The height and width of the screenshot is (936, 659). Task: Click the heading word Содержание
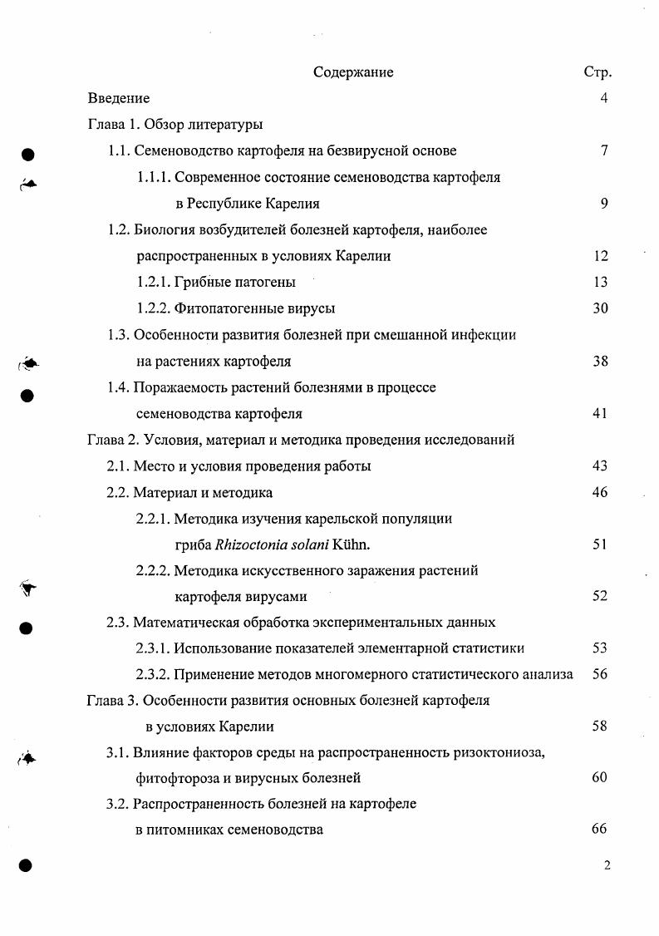pyautogui.click(x=353, y=72)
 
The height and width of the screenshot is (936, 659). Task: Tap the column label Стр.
pyautogui.click(x=598, y=72)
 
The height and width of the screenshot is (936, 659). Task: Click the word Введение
pyautogui.click(x=119, y=98)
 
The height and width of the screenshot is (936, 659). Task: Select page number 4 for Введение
pyautogui.click(x=604, y=98)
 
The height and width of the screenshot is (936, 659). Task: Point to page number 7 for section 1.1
pyautogui.click(x=604, y=150)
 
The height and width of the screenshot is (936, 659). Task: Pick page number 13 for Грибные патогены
pyautogui.click(x=601, y=282)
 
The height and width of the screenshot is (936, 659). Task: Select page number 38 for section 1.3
pyautogui.click(x=601, y=362)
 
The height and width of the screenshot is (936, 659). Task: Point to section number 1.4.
pyautogui.click(x=120, y=387)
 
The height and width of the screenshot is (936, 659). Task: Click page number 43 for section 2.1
pyautogui.click(x=601, y=466)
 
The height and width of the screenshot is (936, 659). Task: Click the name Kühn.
pyautogui.click(x=352, y=544)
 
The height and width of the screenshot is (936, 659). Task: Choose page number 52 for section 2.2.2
pyautogui.click(x=601, y=596)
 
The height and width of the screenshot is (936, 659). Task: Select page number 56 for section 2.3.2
pyautogui.click(x=601, y=674)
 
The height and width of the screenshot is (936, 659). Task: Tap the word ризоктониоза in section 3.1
pyautogui.click(x=501, y=753)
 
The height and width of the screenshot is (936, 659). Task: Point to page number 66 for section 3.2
pyautogui.click(x=599, y=829)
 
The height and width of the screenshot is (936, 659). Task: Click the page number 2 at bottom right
pyautogui.click(x=607, y=865)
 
